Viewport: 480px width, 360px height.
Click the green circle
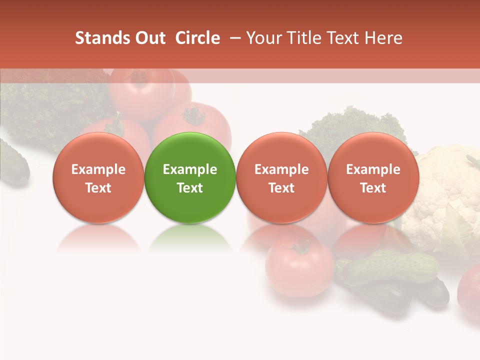click(x=190, y=177)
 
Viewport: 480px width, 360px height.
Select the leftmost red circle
click(x=98, y=177)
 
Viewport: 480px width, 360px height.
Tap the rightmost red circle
click(x=373, y=177)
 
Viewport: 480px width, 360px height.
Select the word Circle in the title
click(x=197, y=38)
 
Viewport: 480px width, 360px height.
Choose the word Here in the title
click(x=383, y=38)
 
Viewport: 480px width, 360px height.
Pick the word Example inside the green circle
click(x=190, y=169)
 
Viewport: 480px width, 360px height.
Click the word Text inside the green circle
click(x=190, y=188)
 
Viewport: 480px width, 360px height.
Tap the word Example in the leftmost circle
click(x=98, y=169)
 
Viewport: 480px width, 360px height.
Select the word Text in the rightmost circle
click(x=373, y=188)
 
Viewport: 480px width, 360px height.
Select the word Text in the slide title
click(x=340, y=38)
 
